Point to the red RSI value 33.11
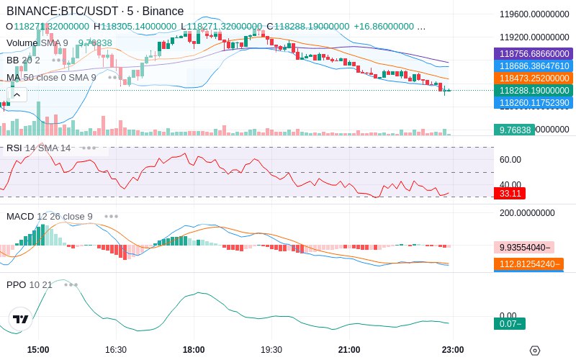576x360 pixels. pos(510,193)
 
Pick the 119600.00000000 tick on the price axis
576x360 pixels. pos(534,14)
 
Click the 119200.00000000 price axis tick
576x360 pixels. pos(534,37)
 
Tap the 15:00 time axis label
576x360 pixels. pos(38,350)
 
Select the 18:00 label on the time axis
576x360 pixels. pos(194,350)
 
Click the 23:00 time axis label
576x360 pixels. pos(452,350)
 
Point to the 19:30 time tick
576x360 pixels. pos(271,350)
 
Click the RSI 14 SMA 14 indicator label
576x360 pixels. pos(39,148)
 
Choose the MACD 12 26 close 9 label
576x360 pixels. pos(50,216)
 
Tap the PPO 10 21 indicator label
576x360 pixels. pos(30,284)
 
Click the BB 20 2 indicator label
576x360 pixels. pos(24,60)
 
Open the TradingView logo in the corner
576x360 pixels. pos(21,319)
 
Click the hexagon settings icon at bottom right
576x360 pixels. pos(534,351)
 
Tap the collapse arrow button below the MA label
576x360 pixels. pos(17,94)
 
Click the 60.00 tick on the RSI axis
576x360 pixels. pos(510,160)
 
